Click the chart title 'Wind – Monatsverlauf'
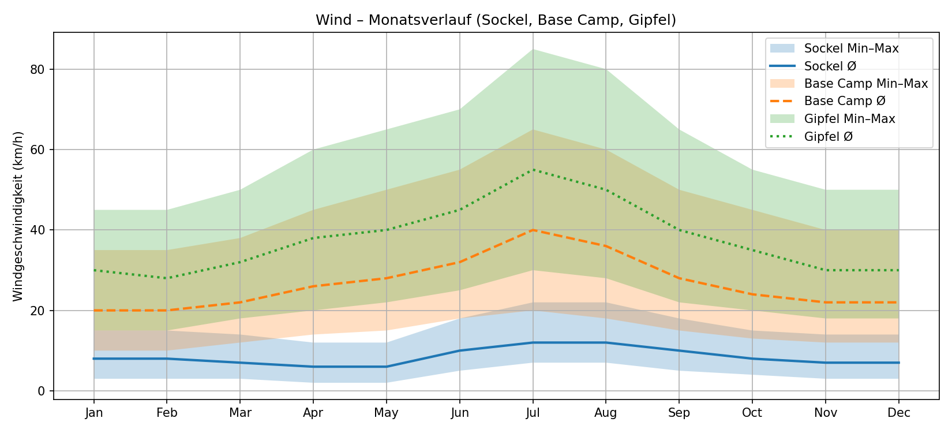[x=496, y=20]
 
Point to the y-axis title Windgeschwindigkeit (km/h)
[x=18, y=216]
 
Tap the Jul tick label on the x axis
[x=533, y=413]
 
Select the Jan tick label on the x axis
[x=93, y=413]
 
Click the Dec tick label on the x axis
[x=898, y=413]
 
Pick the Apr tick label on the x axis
[x=313, y=413]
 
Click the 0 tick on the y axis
[x=42, y=391]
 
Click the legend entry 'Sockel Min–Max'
[x=851, y=48]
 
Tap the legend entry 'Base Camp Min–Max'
[x=865, y=84]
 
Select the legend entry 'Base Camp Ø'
[x=845, y=101]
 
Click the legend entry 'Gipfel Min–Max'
[x=849, y=119]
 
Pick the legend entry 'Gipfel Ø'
[x=829, y=137]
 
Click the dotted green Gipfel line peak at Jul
[x=533, y=170]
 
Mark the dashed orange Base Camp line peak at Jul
[x=533, y=230]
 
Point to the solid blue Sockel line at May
[x=386, y=367]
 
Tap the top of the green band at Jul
[x=533, y=50]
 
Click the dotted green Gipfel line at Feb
[x=167, y=278]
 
